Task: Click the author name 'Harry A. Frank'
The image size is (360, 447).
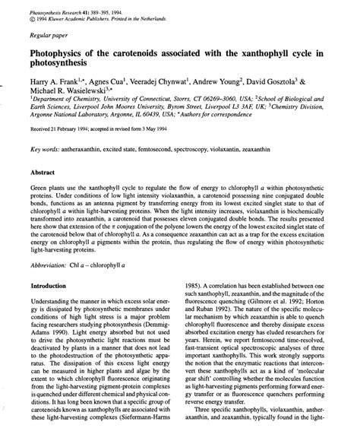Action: (x=52, y=80)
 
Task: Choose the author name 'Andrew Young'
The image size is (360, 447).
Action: (x=234, y=80)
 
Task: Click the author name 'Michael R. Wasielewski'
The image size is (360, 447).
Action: (x=66, y=90)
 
